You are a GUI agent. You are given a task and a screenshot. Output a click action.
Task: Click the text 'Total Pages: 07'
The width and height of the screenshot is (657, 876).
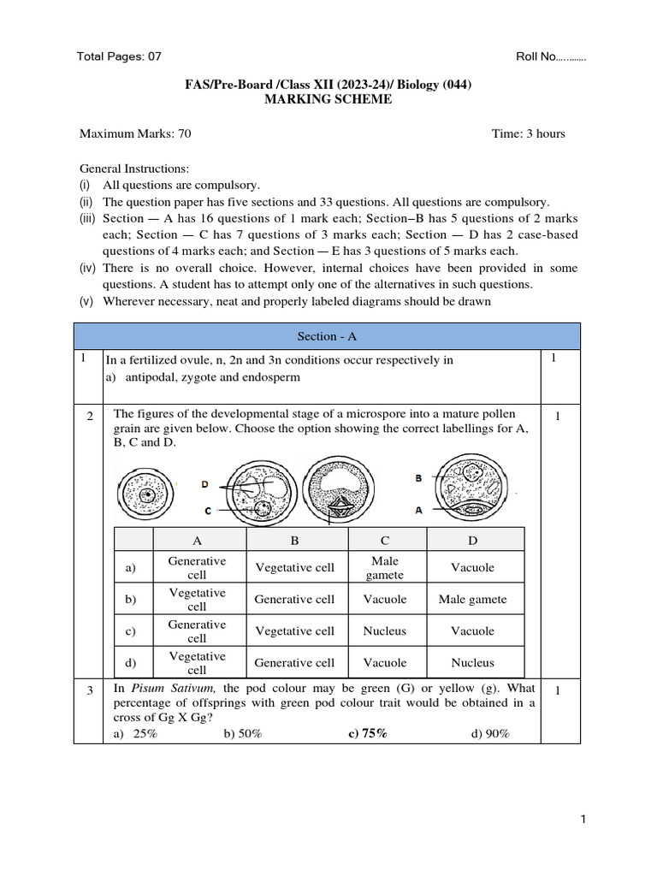click(x=119, y=56)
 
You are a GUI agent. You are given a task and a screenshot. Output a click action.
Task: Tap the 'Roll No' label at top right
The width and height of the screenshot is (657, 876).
click(x=550, y=56)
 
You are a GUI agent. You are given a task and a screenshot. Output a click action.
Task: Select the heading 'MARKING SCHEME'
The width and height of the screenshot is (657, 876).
click(x=328, y=99)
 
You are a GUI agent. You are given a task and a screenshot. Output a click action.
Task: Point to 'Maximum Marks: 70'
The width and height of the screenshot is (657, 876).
click(x=135, y=133)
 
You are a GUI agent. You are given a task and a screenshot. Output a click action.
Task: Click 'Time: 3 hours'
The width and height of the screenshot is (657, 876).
click(x=528, y=133)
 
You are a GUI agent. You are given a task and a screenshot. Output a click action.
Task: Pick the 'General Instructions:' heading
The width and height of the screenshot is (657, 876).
click(x=134, y=169)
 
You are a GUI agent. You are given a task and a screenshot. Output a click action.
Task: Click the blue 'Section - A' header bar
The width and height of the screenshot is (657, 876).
click(x=327, y=336)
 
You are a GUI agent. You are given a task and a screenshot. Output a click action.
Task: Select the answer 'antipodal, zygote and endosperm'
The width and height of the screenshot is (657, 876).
click(x=213, y=377)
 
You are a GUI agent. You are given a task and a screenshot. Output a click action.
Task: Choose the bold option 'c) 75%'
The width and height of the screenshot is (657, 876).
click(x=368, y=733)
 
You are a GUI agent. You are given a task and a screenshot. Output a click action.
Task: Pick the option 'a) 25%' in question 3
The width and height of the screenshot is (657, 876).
click(x=135, y=733)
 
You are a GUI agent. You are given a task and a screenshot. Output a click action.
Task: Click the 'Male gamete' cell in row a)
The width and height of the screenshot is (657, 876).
click(x=385, y=568)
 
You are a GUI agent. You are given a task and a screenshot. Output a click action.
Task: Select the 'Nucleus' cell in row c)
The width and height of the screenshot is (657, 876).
click(x=385, y=631)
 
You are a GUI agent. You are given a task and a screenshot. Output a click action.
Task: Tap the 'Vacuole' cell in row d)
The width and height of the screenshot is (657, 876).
click(x=385, y=663)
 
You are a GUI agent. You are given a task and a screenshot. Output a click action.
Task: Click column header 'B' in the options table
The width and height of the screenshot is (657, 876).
click(x=294, y=540)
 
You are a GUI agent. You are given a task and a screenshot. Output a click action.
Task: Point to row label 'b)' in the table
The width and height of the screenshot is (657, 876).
click(x=131, y=600)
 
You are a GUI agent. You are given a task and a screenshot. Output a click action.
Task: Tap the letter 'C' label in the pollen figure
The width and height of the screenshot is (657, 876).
click(x=207, y=511)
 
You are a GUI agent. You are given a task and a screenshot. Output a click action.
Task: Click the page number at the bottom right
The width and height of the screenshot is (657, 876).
click(x=583, y=820)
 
